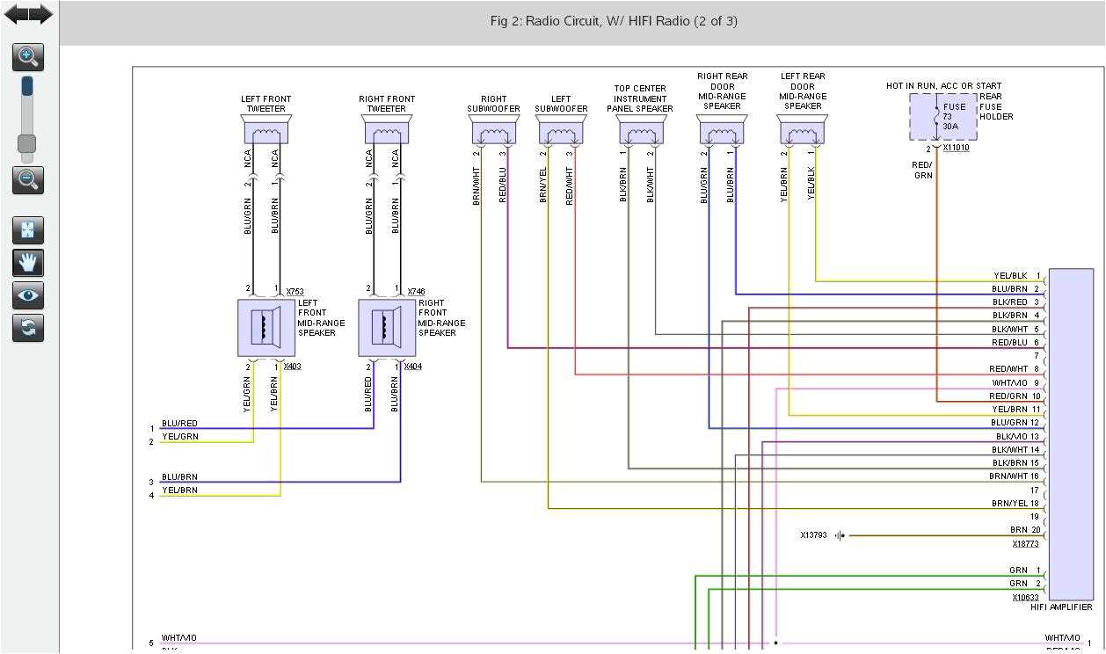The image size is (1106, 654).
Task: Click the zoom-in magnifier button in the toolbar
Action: pyautogui.click(x=28, y=58)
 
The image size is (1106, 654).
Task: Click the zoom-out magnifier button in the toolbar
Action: pyautogui.click(x=28, y=180)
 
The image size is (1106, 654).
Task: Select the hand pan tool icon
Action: pyautogui.click(x=28, y=262)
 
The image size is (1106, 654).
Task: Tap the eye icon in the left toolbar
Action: pyautogui.click(x=28, y=295)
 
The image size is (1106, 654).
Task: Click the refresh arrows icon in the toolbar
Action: pyautogui.click(x=28, y=328)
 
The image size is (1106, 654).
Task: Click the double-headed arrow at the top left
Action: pyautogui.click(x=28, y=14)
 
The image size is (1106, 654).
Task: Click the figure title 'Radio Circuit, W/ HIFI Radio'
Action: pyautogui.click(x=613, y=21)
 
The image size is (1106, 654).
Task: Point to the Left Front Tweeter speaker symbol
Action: pyautogui.click(x=266, y=131)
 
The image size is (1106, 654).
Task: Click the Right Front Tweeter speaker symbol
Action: pyautogui.click(x=387, y=131)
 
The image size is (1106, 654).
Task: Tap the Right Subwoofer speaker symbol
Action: pyautogui.click(x=494, y=133)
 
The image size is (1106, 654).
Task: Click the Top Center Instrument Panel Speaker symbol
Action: pyautogui.click(x=641, y=133)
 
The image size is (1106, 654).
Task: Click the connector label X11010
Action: pyautogui.click(x=956, y=148)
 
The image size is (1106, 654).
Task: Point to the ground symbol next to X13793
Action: pyautogui.click(x=840, y=535)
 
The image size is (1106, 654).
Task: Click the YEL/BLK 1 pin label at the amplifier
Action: pyautogui.click(x=1016, y=276)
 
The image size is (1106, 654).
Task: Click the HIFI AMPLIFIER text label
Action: pyautogui.click(x=1061, y=607)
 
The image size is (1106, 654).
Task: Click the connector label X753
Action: pyautogui.click(x=295, y=291)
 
